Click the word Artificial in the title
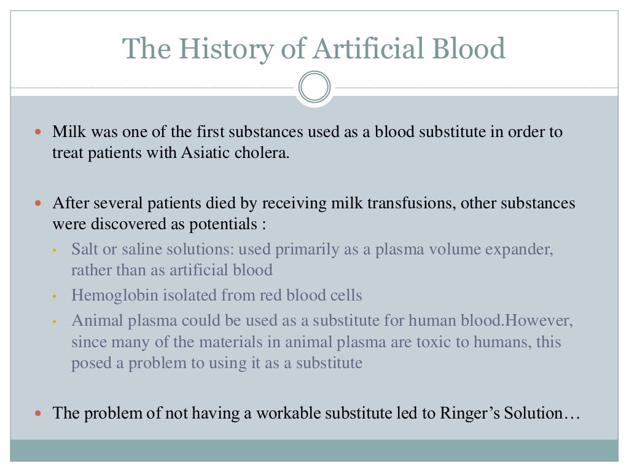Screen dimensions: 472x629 click(365, 49)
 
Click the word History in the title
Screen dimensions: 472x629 click(219, 49)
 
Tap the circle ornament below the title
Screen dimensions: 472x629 click(314, 87)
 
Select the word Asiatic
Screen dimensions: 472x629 click(203, 152)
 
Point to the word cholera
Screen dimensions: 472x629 click(264, 152)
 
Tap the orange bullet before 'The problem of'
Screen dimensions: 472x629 click(39, 413)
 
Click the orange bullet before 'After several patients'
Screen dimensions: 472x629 click(39, 203)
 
